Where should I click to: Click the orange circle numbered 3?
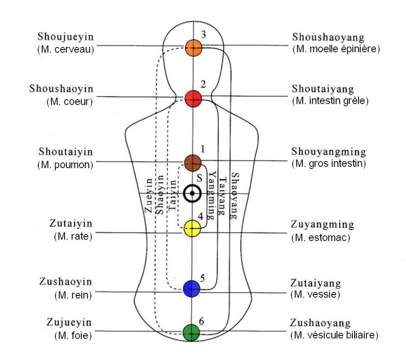click(x=193, y=47)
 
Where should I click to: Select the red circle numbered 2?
click(x=193, y=98)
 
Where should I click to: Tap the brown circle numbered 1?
click(x=193, y=162)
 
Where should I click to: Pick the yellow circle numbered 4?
click(x=193, y=228)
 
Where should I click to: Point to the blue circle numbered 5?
click(x=192, y=288)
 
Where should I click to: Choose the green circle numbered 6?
click(x=191, y=332)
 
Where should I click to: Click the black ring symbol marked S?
click(x=192, y=194)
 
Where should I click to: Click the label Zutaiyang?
click(x=316, y=283)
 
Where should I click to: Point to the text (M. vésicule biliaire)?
click(x=334, y=335)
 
